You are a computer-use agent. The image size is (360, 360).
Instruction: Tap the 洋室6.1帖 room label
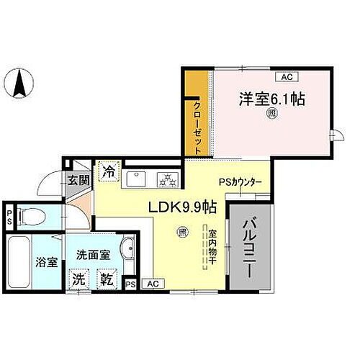273,99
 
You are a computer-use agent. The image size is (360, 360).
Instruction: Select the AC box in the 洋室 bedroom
286,76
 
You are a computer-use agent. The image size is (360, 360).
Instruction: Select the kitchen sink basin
136,178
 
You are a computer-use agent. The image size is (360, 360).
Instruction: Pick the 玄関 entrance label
78,180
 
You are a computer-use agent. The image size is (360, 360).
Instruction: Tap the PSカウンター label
240,182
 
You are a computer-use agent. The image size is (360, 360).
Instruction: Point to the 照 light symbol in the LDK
183,232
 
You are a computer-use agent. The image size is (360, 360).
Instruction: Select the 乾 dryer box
107,276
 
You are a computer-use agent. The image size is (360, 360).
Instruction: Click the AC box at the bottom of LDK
152,284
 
